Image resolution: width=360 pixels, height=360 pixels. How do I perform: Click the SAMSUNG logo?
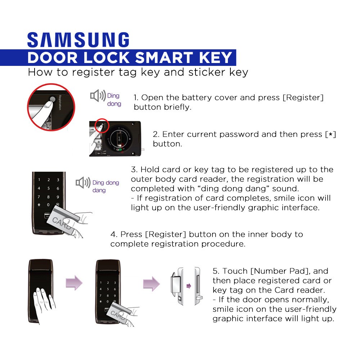78,40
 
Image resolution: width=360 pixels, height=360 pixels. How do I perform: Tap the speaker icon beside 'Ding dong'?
98,95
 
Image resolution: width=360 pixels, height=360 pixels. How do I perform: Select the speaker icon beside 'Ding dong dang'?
83,183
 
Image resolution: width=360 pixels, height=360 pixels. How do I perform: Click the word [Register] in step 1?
303,98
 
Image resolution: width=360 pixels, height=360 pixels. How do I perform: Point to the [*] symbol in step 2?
330,134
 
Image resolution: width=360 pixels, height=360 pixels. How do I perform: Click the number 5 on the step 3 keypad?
49,188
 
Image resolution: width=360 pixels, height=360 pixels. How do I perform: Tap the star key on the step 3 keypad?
39,204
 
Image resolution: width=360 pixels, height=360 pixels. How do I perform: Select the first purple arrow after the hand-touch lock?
74,283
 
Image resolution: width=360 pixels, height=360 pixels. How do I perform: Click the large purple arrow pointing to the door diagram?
151,284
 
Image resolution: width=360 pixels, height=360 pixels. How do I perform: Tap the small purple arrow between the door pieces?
189,286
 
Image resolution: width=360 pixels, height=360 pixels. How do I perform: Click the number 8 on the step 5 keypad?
108,296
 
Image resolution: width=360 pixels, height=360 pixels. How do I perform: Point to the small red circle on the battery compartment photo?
102,126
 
